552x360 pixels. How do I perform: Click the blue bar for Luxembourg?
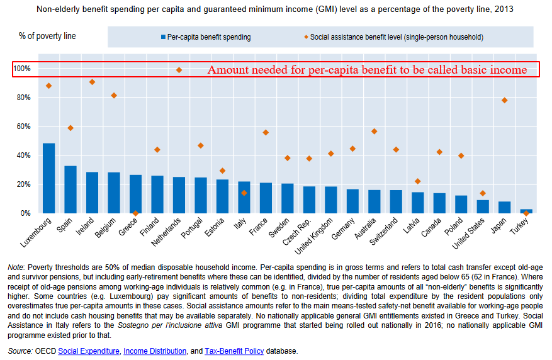tap(48, 179)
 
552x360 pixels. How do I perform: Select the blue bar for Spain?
tap(70, 189)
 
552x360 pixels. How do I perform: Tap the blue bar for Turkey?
tap(526, 211)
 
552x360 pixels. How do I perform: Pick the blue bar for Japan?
tap(504, 208)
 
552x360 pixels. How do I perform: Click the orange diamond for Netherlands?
tap(179, 70)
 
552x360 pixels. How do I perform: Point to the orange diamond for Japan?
tap(504, 101)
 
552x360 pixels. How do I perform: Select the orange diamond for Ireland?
tap(92, 82)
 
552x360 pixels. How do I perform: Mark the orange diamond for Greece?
tap(135, 213)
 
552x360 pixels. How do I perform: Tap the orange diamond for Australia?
tap(374, 131)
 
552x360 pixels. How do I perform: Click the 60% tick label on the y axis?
tap(22, 127)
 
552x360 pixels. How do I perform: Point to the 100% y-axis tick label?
tap(21, 68)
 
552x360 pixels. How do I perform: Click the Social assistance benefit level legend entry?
tap(397, 37)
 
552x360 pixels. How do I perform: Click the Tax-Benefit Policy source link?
tap(234, 351)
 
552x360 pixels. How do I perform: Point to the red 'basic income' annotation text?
tap(367, 70)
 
